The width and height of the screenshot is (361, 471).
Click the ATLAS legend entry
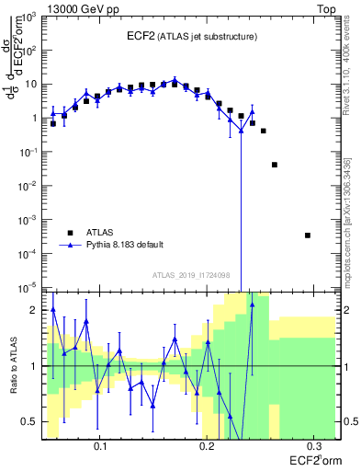pos(101,233)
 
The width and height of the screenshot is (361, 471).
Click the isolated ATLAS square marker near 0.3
pos(308,235)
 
